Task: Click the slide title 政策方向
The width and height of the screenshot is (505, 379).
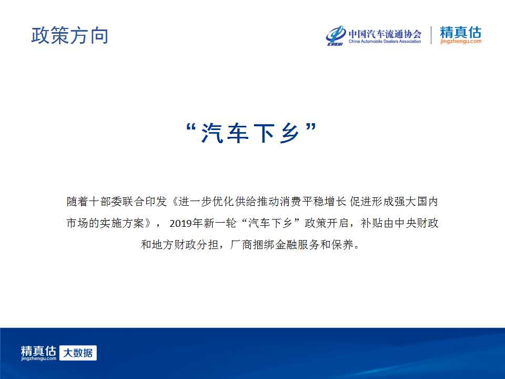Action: (x=69, y=35)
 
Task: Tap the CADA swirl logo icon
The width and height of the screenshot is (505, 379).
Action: (x=335, y=35)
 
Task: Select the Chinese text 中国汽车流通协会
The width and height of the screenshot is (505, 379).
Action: (x=385, y=34)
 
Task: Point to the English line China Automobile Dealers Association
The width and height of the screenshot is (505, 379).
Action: (x=385, y=41)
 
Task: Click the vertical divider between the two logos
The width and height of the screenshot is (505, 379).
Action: (x=431, y=35)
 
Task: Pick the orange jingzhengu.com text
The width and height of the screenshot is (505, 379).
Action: (x=461, y=41)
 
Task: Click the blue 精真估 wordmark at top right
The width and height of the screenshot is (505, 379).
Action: (x=461, y=32)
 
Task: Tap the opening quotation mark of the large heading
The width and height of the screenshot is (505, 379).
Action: (x=191, y=127)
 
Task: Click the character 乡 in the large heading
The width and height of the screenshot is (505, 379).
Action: (x=289, y=133)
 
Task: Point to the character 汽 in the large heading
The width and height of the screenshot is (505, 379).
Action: (x=212, y=133)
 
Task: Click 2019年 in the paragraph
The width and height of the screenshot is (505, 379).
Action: (x=186, y=223)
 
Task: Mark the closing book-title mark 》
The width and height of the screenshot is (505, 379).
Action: (x=148, y=223)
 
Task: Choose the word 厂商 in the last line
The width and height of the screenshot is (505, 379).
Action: (x=241, y=245)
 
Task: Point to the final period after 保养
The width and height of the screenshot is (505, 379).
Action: (x=357, y=247)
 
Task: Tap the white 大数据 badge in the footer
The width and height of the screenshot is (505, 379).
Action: (x=78, y=353)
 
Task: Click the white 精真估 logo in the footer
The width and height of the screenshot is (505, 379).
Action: (x=38, y=353)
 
